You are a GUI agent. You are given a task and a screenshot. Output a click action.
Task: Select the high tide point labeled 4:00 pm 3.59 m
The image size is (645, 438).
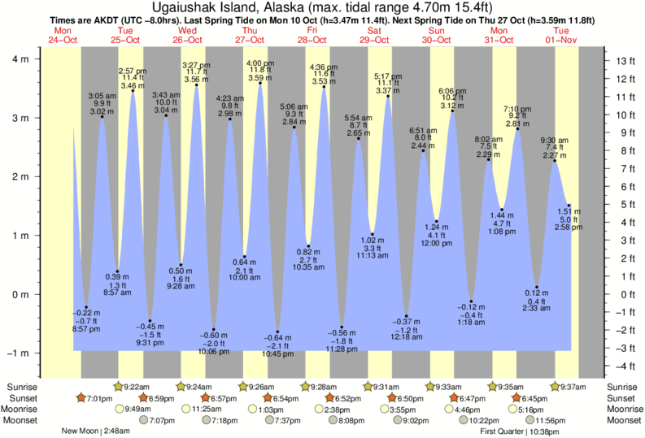coord(260,83)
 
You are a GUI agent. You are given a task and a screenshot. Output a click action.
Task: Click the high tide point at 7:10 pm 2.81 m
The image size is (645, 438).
coord(516,128)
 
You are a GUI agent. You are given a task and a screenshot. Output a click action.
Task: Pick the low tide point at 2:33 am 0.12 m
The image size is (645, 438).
coord(536,287)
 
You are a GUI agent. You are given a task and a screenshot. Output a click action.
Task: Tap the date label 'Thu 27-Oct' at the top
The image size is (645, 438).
coord(250,35)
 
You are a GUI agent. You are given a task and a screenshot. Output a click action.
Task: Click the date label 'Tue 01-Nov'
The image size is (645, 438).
coord(561,35)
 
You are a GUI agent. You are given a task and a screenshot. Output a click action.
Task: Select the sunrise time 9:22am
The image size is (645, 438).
coord(141,387)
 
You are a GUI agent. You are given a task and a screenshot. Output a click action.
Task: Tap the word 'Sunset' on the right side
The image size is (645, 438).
coord(624,398)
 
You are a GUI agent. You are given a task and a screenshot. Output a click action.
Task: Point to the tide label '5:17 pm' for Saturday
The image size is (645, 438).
coord(387,76)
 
